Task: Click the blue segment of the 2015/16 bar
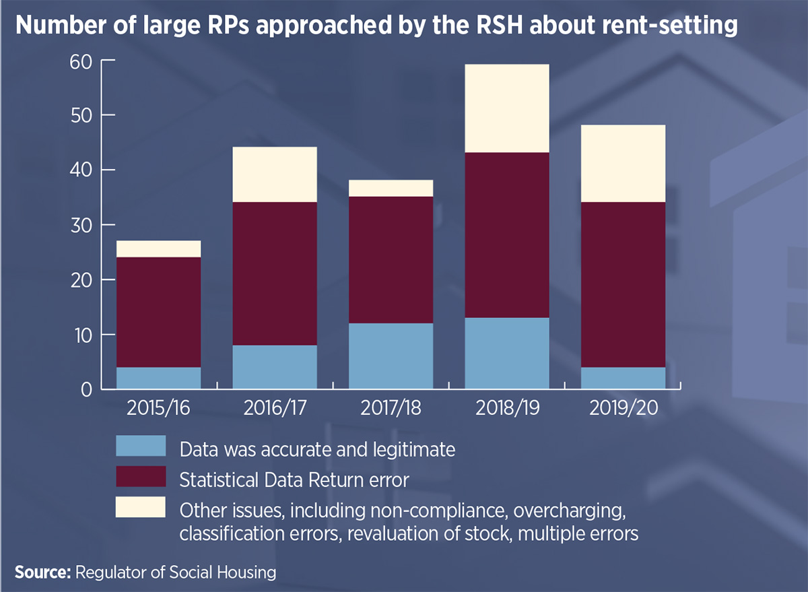[x=158, y=378]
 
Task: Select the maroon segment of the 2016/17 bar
[x=275, y=273]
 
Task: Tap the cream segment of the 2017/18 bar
[x=391, y=188]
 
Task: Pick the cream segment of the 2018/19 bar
[x=507, y=108]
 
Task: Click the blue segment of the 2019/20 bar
[x=624, y=378]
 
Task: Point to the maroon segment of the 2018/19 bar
[x=507, y=235]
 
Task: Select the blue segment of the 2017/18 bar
[x=391, y=356]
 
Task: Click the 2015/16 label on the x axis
[x=158, y=409]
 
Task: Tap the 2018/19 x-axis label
[x=507, y=409]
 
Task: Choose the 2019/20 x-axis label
[x=624, y=409]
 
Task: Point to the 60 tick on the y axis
[x=79, y=61]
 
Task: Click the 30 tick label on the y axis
[x=79, y=225]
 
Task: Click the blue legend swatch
[x=141, y=447]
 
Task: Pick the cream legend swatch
[x=141, y=507]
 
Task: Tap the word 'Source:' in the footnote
[x=42, y=572]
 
